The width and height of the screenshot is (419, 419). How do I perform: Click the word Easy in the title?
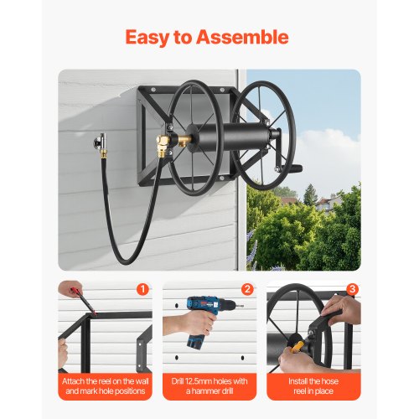[154, 38]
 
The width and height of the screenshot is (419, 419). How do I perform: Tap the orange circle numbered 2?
[246, 291]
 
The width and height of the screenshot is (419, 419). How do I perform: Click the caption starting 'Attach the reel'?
[106, 387]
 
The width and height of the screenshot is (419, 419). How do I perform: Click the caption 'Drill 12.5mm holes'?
[209, 387]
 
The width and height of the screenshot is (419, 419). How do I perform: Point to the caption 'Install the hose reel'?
[313, 387]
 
